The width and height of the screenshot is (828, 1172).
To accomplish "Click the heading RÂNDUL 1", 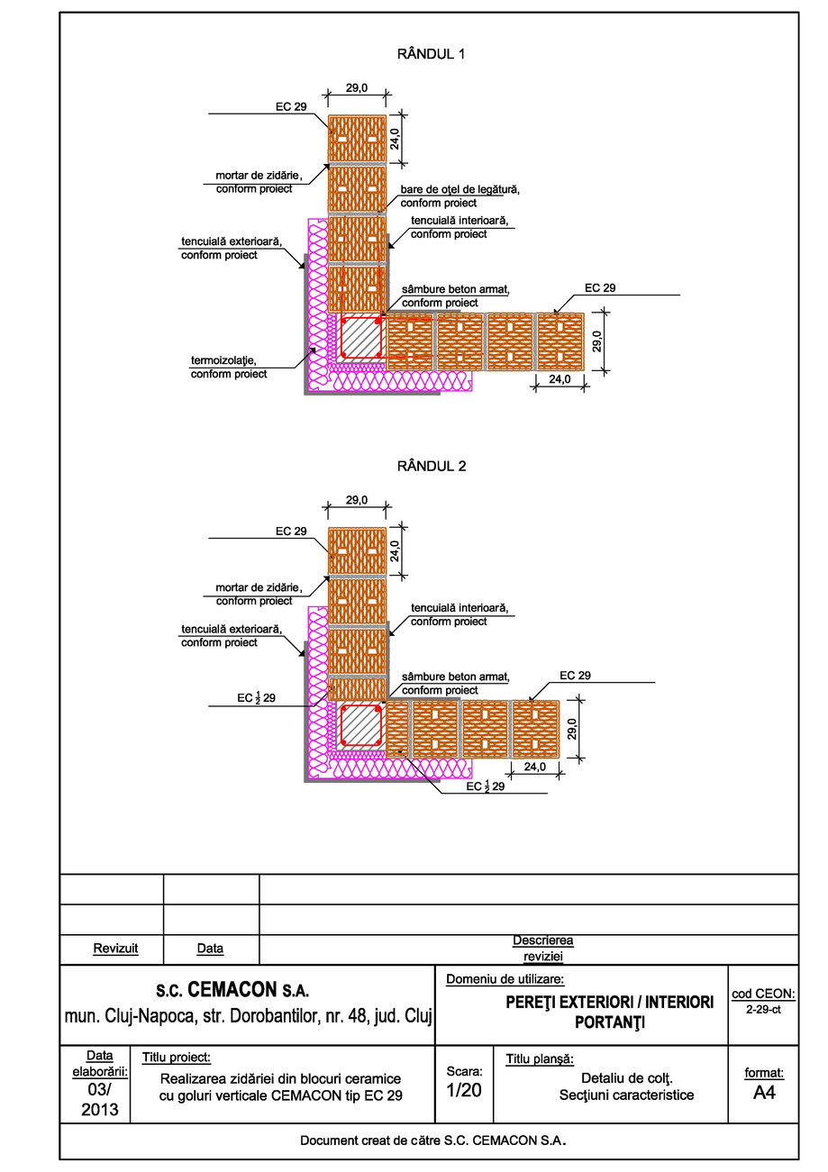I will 432,54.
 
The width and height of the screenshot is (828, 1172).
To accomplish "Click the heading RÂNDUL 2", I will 432,467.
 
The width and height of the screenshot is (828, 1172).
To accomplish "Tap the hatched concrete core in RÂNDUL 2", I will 362,725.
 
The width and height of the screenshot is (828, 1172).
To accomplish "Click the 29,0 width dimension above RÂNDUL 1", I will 357,88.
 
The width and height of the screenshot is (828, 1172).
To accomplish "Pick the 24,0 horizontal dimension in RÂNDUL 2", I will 535,767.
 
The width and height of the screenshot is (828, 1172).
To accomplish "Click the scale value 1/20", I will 464,1090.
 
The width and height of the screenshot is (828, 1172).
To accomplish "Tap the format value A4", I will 763,1093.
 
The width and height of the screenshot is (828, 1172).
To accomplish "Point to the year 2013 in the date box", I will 99,1109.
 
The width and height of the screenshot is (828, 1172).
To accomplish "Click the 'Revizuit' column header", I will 112,949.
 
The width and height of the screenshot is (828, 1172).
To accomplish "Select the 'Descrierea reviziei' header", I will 542,948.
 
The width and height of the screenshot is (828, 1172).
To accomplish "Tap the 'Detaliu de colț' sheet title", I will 627,1077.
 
